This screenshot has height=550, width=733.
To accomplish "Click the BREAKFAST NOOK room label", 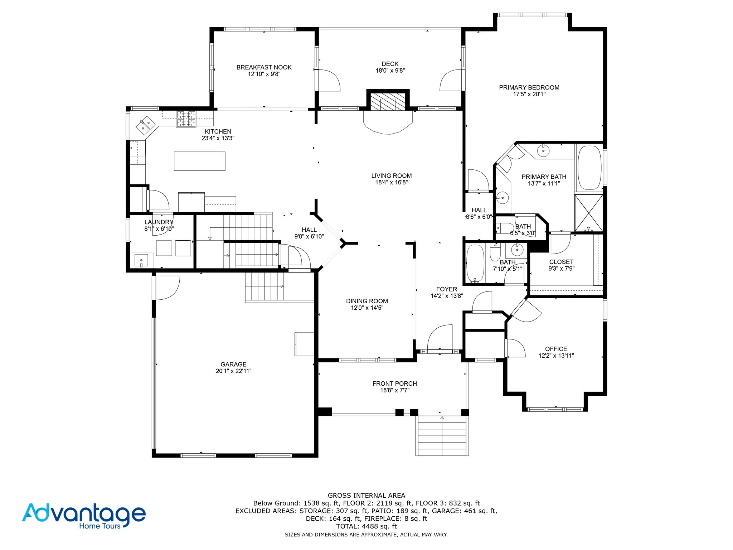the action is click(264, 67).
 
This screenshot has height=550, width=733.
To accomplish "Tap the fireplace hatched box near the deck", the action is click(388, 102).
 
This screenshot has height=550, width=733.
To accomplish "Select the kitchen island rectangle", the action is click(200, 161).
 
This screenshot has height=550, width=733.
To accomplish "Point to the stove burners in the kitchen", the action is click(186, 119).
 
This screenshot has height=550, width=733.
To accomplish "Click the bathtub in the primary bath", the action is click(589, 167).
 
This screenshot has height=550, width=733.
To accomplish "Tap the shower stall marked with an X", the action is click(589, 213).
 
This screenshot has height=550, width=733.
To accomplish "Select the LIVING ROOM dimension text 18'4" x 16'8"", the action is click(391, 182).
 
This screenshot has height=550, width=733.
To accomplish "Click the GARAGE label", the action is click(233, 364).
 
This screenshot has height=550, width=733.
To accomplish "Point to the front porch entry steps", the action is click(442, 435).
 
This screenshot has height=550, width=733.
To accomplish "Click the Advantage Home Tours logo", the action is click(84, 516).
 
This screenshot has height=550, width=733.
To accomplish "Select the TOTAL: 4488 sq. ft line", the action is click(366, 526).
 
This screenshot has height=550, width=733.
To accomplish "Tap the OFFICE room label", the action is click(556, 349).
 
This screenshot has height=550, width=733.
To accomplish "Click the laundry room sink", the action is click(142, 260).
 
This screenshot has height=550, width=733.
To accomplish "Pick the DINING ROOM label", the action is click(367, 301).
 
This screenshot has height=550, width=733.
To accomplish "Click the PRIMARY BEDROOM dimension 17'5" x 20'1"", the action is click(529, 94).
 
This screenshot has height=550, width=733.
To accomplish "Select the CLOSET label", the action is click(561, 262).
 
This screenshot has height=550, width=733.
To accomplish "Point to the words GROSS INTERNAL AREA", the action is click(366, 496).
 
